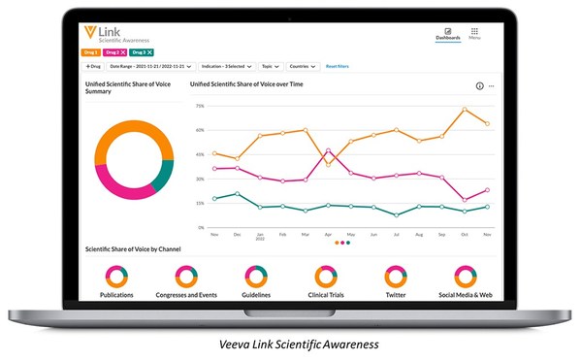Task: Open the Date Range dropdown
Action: pos(150,66)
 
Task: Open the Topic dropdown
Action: pos(270,66)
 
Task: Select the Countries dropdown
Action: pos(303,66)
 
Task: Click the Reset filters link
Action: pos(338,66)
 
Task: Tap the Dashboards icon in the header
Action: pos(448,33)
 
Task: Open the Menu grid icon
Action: pos(474,33)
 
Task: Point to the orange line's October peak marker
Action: pos(466,110)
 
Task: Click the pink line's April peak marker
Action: pos(329,150)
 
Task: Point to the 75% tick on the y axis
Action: pos(199,106)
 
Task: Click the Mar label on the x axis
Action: pos(305,235)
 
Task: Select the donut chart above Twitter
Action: pos(395,276)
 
